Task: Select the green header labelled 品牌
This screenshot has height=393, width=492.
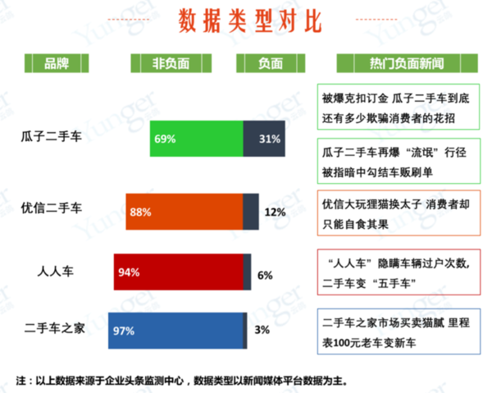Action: click(x=57, y=63)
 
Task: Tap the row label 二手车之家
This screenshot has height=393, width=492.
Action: click(x=57, y=331)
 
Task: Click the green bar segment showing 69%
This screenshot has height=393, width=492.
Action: click(x=197, y=139)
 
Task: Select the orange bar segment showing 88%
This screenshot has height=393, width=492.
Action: click(x=184, y=212)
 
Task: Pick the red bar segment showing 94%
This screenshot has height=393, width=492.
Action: click(x=179, y=272)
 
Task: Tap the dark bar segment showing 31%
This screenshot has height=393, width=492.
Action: click(x=264, y=139)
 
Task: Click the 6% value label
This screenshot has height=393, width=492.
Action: click(x=264, y=275)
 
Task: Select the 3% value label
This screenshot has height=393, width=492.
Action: click(x=262, y=331)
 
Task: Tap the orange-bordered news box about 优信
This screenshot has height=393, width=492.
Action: click(x=399, y=212)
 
